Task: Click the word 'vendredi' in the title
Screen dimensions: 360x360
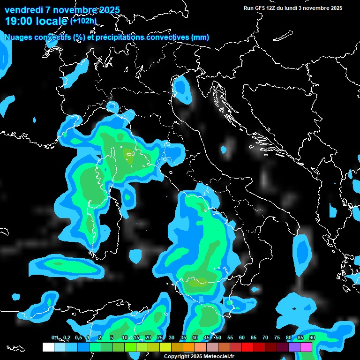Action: click(x=23, y=10)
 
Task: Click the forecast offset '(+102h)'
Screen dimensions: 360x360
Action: click(x=83, y=21)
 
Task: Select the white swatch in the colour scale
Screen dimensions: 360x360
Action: click(x=48, y=347)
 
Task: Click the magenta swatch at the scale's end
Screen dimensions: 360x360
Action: click(x=306, y=347)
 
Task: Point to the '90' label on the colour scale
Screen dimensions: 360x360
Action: click(x=312, y=337)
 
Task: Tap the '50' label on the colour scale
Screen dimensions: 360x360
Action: click(x=218, y=337)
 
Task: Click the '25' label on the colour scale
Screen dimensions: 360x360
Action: click(x=160, y=337)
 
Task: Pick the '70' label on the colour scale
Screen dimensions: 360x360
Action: click(x=265, y=337)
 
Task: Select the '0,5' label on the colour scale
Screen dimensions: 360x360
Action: click(x=78, y=337)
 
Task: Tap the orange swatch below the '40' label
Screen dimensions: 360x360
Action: click(x=189, y=347)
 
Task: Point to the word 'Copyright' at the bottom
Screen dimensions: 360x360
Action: click(x=176, y=357)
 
